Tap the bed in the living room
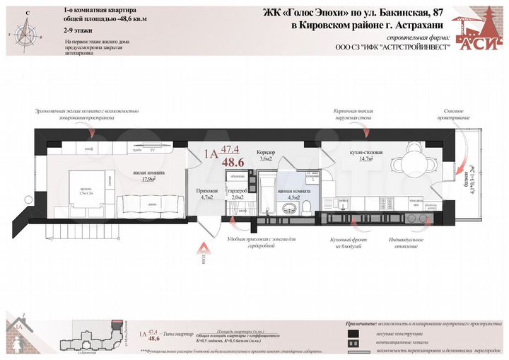pos(88,190)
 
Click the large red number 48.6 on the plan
pos(233,162)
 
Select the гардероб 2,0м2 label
pos(237,195)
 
